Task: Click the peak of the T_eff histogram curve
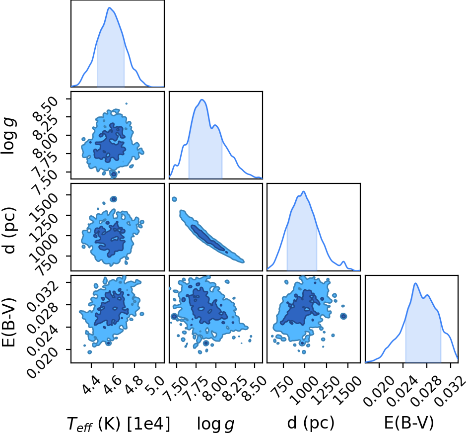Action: coord(110,8)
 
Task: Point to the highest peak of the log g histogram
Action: coord(202,100)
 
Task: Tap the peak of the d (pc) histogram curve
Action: coord(304,191)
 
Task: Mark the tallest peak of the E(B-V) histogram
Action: coord(415,283)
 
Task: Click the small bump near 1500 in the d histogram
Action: coord(343,262)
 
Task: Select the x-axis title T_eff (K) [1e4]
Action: coord(119,424)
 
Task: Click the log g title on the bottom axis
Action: coord(215,424)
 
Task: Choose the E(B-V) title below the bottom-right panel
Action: coord(408,423)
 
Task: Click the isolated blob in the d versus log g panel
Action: coord(174,199)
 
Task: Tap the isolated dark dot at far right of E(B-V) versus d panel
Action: coord(343,316)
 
